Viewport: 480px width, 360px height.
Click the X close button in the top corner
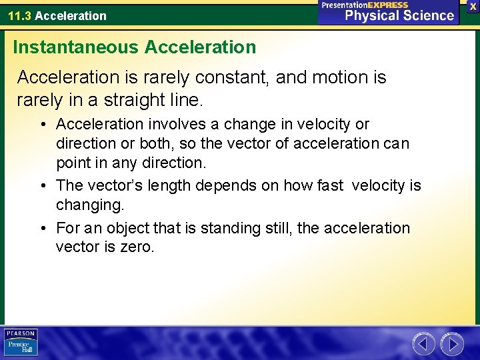point(472,5)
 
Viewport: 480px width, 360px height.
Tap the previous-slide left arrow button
point(423,344)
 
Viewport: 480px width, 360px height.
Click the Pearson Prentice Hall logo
point(21,343)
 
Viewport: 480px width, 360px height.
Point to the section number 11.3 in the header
point(19,15)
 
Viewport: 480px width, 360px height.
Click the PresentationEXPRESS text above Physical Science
point(365,5)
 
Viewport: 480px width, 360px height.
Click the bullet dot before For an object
point(43,229)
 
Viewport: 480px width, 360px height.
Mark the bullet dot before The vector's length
point(43,186)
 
